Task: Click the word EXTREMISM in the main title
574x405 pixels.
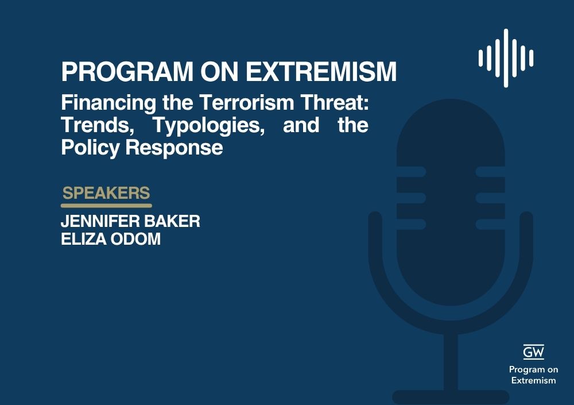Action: click(x=321, y=71)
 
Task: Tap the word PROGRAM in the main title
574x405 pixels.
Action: click(x=127, y=71)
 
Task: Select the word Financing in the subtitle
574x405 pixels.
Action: click(x=108, y=103)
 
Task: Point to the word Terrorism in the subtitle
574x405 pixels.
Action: click(x=246, y=102)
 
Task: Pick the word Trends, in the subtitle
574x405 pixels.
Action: click(x=96, y=125)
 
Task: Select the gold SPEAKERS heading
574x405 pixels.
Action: click(x=106, y=193)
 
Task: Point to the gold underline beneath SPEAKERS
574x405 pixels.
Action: click(x=106, y=206)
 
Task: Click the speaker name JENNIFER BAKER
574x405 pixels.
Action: click(x=130, y=221)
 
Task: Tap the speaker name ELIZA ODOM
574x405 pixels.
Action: click(x=111, y=239)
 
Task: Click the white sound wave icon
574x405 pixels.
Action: click(x=506, y=58)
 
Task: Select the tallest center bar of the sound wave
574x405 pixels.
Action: click(x=506, y=58)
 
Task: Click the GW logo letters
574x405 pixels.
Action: click(x=533, y=352)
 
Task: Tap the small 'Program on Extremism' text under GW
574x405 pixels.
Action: click(x=533, y=375)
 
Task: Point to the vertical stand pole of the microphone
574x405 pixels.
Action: click(x=451, y=361)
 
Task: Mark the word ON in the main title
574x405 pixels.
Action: click(x=219, y=71)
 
